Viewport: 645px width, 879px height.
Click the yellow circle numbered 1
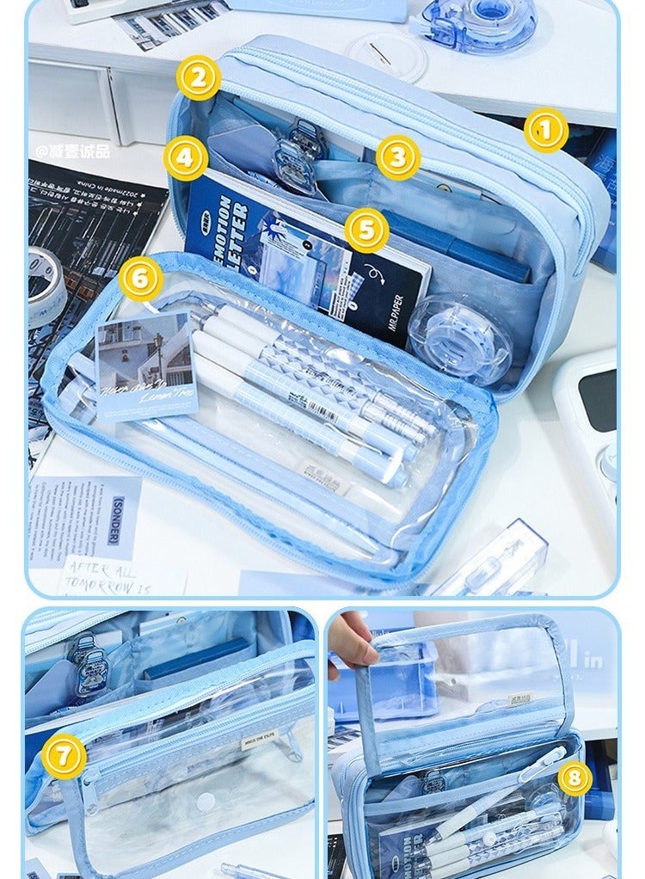[x=546, y=131]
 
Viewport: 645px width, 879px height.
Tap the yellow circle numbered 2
[x=199, y=78]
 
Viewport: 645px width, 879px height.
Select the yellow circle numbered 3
[x=397, y=157]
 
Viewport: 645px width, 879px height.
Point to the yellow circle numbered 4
[x=187, y=158]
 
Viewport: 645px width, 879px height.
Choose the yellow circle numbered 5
[x=367, y=231]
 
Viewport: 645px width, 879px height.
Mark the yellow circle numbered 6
[x=141, y=279]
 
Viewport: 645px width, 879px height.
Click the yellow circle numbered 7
[x=64, y=757]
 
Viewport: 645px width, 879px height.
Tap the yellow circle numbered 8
[x=574, y=779]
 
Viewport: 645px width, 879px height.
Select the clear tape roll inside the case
[x=459, y=339]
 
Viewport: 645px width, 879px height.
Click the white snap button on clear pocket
[x=206, y=802]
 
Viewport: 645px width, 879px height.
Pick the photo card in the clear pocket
[x=146, y=365]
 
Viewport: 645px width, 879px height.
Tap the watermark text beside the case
[x=73, y=151]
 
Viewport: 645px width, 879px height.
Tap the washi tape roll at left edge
[x=45, y=284]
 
